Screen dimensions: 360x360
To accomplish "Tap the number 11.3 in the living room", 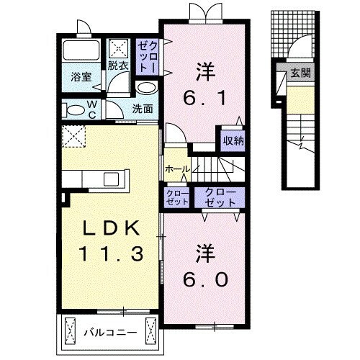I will [x=110, y=253].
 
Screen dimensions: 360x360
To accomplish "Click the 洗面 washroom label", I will [x=143, y=109].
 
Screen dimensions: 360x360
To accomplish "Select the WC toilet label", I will [x=93, y=109].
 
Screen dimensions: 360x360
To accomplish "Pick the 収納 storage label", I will [x=232, y=141].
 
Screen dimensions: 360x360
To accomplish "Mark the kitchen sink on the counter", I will [x=114, y=179].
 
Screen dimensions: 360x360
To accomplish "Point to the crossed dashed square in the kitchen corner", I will [x=73, y=135].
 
